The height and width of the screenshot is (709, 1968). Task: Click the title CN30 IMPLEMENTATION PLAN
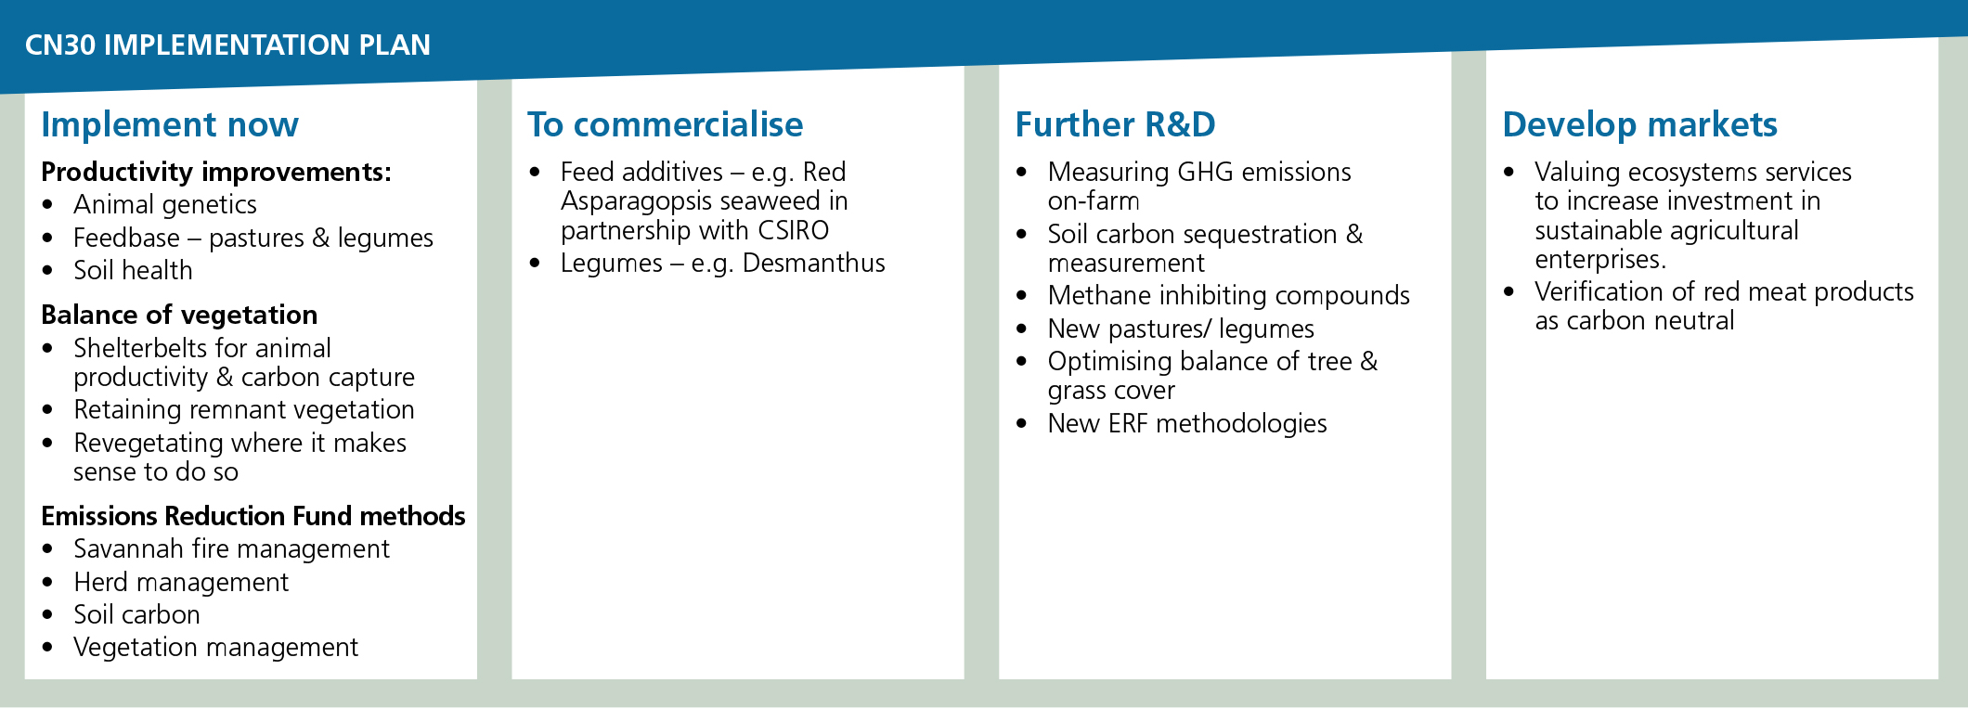click(227, 45)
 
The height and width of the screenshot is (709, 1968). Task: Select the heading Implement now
click(170, 124)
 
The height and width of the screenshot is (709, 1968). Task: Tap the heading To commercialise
click(666, 124)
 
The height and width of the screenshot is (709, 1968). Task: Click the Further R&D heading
click(1115, 124)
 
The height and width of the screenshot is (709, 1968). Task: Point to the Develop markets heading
click(1640, 124)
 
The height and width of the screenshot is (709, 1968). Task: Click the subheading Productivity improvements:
click(216, 173)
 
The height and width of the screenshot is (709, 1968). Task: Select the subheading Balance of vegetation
click(179, 316)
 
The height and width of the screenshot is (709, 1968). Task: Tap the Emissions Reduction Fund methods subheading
click(253, 516)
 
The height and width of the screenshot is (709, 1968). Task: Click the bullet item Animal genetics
click(165, 205)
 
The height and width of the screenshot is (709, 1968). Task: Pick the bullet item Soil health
click(133, 270)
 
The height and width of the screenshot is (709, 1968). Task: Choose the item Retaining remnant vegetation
click(244, 410)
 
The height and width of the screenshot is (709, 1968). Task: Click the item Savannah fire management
click(231, 549)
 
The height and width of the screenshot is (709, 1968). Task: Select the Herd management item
click(181, 582)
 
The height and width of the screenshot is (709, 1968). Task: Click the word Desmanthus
click(814, 264)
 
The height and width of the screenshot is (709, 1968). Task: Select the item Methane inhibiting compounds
click(1229, 296)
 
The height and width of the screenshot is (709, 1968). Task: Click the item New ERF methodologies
click(1187, 424)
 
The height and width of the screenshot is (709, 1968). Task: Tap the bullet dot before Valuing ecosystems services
click(1509, 172)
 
